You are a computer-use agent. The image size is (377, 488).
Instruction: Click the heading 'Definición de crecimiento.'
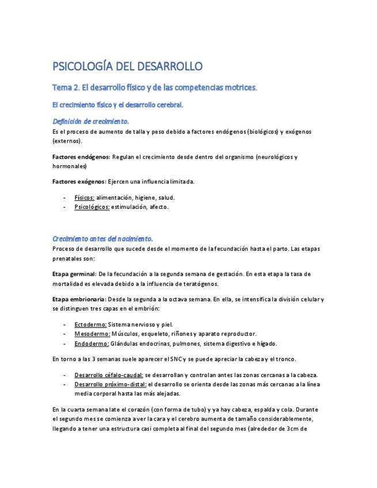point(90,121)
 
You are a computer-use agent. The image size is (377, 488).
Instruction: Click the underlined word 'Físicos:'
point(85,197)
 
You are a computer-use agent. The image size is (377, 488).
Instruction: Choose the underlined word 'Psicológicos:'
point(92,207)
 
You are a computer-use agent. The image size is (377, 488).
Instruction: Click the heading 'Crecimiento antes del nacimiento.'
point(102,238)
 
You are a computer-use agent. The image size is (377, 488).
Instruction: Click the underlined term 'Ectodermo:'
point(91,325)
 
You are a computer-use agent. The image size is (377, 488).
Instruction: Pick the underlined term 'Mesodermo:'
point(92,334)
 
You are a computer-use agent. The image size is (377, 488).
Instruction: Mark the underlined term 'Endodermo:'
point(92,344)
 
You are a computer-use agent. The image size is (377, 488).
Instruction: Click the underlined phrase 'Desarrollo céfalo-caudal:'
point(109,375)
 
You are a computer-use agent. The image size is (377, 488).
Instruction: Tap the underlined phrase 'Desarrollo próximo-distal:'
point(111,384)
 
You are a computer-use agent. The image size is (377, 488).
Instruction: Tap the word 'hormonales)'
point(69,166)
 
